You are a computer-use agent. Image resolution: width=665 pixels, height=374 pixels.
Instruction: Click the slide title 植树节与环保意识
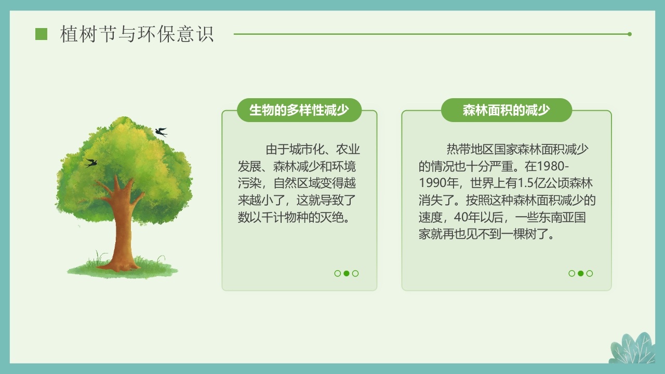point(137,34)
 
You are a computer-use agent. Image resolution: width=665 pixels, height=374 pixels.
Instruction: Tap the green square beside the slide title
point(41,34)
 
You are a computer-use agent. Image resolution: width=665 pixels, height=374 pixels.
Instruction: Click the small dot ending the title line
point(630,34)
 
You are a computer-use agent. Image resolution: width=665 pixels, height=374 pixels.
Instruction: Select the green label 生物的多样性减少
point(299,110)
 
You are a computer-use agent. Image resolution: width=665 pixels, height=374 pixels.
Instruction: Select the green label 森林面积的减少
point(507,110)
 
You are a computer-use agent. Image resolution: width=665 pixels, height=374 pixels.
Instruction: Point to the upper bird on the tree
point(162,131)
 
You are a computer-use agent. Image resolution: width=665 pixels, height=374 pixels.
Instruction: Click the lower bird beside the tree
point(91,163)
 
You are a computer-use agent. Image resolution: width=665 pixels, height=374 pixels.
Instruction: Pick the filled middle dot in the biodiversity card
point(347,273)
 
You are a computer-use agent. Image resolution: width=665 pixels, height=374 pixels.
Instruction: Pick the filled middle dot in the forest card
point(581,273)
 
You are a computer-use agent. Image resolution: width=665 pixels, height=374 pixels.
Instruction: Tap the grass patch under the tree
point(123,269)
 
